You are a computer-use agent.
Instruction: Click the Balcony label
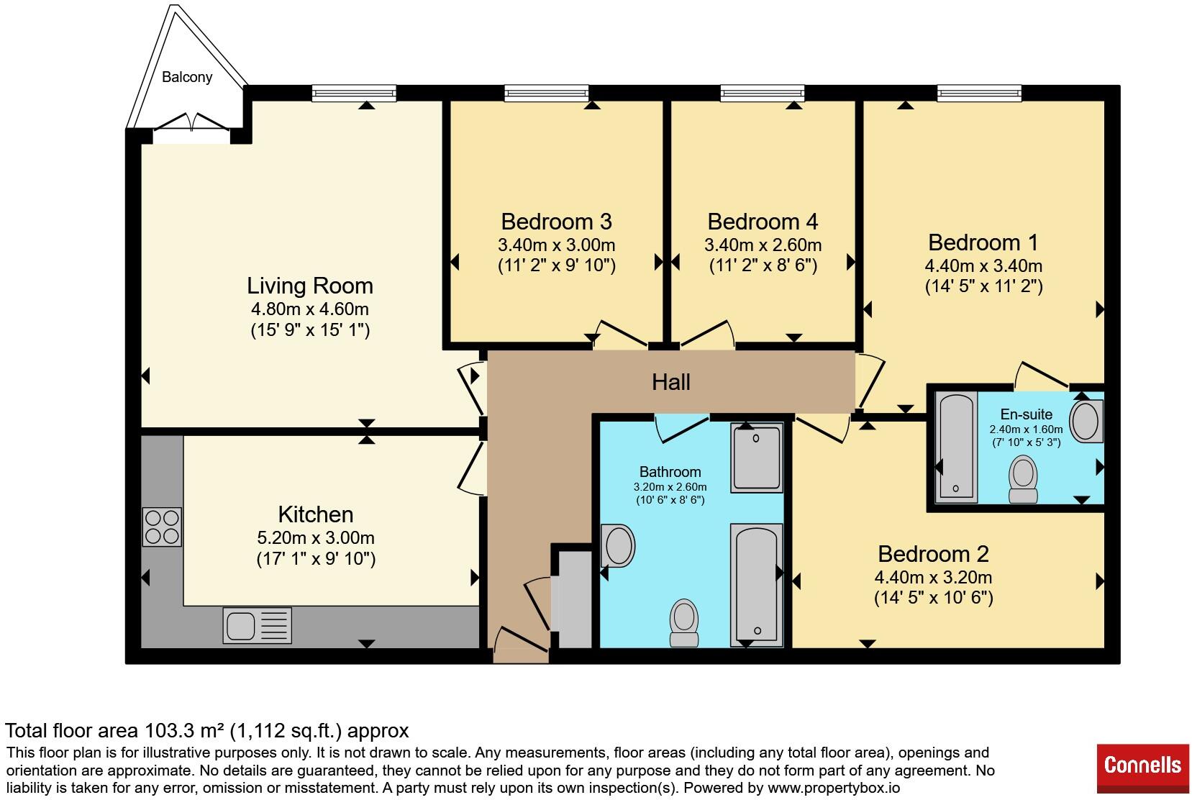tap(187, 78)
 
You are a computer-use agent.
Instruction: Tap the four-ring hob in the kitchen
tap(162, 527)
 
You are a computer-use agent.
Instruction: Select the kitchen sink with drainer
tap(257, 625)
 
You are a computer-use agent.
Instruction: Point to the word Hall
tap(671, 382)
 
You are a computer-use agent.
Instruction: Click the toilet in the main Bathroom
tap(684, 623)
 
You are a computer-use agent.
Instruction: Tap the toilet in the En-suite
tap(1024, 479)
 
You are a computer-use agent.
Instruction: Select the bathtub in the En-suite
tap(956, 447)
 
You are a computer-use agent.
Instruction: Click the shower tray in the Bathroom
tap(756, 458)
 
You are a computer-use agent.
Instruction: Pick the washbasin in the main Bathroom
tap(618, 545)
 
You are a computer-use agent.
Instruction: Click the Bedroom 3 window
tap(547, 93)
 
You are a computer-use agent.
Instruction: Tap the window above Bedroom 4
tap(763, 93)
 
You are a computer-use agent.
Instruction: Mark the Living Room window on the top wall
tap(354, 93)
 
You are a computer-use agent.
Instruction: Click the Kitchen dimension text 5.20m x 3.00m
tap(316, 537)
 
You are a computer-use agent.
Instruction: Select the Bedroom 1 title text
tap(983, 242)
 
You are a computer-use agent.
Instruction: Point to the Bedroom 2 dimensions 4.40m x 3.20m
tap(933, 577)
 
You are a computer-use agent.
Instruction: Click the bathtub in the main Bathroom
tap(756, 585)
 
